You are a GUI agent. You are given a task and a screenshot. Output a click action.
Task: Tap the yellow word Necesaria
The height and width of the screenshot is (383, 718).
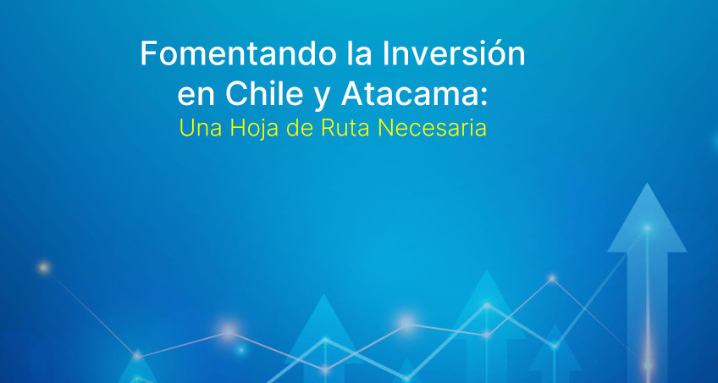(432, 128)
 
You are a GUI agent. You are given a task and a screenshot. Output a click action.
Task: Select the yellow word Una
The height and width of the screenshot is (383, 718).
(201, 129)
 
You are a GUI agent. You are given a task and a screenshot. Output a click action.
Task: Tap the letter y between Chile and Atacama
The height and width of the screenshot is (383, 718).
(323, 98)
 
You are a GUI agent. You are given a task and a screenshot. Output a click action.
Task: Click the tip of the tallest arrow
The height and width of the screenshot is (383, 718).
(647, 183)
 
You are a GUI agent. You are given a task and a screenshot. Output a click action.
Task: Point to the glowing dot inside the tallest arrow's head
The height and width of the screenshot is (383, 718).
(647, 228)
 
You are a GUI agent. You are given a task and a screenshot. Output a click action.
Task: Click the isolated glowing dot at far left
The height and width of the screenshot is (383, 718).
(44, 268)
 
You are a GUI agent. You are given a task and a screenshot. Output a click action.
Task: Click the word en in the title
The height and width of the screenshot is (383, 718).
(196, 97)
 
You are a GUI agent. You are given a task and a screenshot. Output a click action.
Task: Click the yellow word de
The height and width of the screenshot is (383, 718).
(301, 128)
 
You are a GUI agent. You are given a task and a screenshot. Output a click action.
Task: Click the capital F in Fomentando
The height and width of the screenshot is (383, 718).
(149, 54)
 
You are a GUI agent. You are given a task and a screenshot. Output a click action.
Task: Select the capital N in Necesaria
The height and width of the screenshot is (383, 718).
(385, 128)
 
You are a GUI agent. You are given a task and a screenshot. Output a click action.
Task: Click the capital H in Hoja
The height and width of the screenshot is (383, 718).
(238, 128)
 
